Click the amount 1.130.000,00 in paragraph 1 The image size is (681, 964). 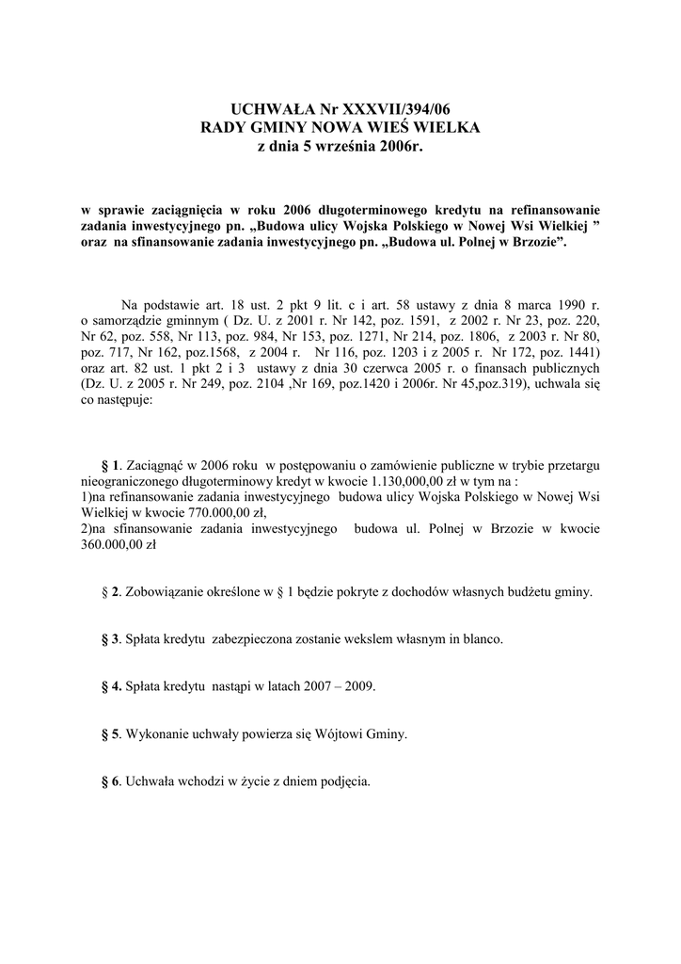[373, 478]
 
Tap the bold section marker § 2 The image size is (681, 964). [110, 591]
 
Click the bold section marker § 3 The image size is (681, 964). [110, 638]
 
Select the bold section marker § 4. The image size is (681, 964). [111, 685]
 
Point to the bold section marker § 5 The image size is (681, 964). [110, 732]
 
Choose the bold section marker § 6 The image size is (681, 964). [110, 779]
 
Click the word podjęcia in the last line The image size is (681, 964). [346, 780]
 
